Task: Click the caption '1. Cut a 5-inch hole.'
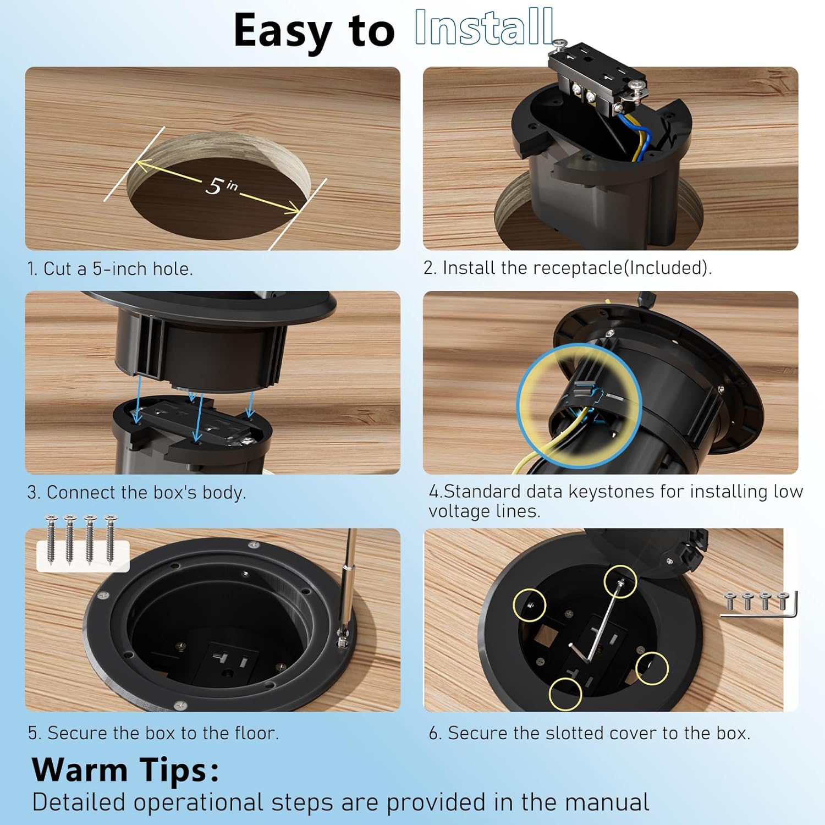(110, 269)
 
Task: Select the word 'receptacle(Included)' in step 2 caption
(622, 268)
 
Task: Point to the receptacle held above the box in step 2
(597, 82)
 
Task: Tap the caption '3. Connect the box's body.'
(136, 492)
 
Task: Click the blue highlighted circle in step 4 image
(579, 405)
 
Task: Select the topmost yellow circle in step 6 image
(620, 581)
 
